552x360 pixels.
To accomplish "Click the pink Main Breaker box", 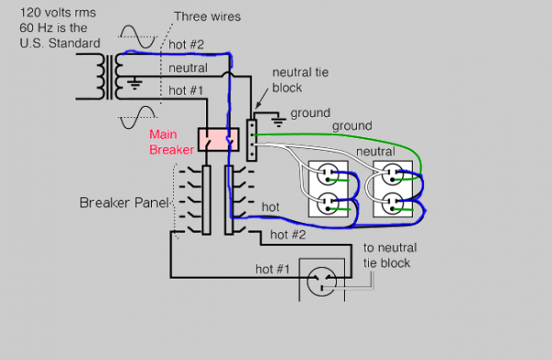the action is point(218,140).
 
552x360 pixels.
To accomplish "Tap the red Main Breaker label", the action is point(171,142).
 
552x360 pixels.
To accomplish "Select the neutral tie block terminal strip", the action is point(251,140).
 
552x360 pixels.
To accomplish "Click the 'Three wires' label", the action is point(207,17).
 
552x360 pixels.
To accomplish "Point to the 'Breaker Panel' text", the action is point(124,203).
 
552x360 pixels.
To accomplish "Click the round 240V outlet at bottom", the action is point(321,282).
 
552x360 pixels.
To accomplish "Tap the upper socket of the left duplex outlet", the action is point(328,175).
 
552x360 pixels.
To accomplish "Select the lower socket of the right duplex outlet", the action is point(392,204).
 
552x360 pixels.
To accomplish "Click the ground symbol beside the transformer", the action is point(134,84).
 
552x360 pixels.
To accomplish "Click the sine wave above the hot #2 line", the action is point(138,37).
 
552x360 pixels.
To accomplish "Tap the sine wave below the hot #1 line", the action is point(138,117).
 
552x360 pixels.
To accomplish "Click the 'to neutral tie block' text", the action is point(390,255).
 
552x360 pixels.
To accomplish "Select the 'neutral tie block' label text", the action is point(300,80).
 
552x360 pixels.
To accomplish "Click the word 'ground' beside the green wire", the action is point(352,126).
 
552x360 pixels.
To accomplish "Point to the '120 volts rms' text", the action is point(58,13).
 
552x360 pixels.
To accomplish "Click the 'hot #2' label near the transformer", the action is point(186,45).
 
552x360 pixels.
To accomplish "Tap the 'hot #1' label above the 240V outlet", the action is point(272,269).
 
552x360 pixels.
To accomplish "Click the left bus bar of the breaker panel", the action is point(206,200).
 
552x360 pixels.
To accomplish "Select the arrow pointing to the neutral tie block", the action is point(261,99).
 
